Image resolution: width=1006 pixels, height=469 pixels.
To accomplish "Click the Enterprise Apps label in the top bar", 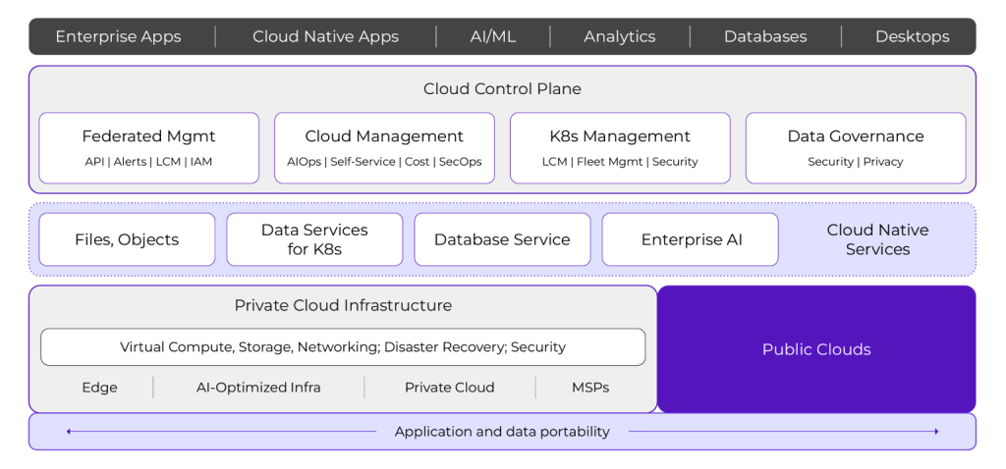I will coord(118,36).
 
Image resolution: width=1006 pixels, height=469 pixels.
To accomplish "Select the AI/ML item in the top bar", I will coord(492,36).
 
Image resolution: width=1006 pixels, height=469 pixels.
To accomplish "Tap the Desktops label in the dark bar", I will coord(912,36).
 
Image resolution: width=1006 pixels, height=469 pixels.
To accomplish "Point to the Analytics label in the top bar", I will coord(619,36).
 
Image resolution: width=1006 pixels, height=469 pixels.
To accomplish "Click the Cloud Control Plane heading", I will coord(502,89).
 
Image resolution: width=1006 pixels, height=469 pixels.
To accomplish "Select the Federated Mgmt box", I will coord(148,147).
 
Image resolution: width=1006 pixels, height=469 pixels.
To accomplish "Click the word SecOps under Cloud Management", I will coord(460,162).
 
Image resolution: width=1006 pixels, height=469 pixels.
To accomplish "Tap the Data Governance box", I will coord(855,147).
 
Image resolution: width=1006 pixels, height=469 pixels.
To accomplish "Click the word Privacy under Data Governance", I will coord(883,162).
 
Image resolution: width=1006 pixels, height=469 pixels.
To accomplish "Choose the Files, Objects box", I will coord(127,239).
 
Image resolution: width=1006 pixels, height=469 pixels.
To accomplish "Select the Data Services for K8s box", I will coord(314,239).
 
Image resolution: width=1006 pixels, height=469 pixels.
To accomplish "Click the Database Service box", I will coord(502,239).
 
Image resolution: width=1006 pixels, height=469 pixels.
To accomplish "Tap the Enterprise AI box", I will coord(691,239).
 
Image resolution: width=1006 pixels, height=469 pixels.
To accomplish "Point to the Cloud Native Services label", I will coord(877,239).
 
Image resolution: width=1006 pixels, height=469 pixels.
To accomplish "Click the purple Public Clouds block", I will coord(816,349).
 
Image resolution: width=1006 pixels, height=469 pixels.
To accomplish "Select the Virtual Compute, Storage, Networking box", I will coord(343,346).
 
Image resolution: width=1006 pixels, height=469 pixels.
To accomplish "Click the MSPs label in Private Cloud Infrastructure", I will coord(590,388).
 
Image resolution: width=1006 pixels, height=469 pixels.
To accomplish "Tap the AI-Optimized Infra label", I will coord(258,388).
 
